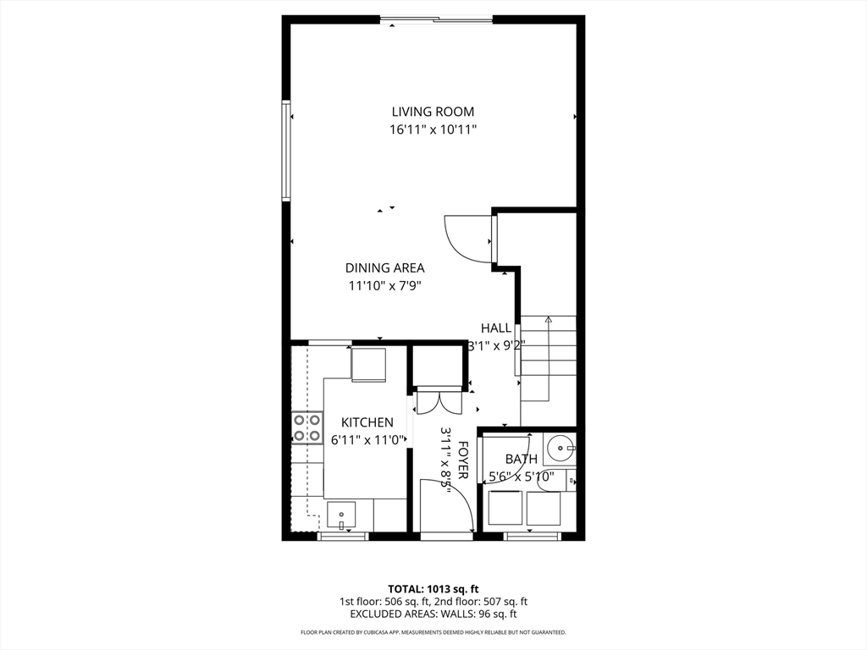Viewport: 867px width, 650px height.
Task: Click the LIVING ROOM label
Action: [433, 112]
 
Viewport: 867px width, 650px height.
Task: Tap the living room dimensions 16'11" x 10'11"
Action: [433, 130]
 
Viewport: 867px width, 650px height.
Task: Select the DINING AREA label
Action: [384, 268]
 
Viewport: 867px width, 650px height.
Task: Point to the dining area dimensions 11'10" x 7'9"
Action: [384, 286]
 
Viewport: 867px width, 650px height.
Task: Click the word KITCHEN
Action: [367, 422]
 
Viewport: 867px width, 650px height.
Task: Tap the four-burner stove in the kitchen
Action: [307, 427]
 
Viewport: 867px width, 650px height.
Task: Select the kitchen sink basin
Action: [342, 514]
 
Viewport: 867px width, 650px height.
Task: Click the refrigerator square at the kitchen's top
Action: [368, 364]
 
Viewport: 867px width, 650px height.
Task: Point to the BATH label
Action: [521, 460]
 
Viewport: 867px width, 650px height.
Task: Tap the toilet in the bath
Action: [570, 482]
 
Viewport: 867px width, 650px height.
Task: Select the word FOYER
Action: [463, 460]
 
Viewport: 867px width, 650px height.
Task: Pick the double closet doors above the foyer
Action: [439, 400]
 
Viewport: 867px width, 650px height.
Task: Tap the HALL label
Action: [496, 328]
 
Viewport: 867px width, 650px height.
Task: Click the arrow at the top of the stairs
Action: [548, 321]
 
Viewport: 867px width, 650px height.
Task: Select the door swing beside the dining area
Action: [468, 239]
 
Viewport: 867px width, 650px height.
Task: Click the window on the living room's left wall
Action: [286, 151]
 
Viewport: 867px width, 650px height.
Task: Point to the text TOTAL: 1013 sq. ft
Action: [433, 588]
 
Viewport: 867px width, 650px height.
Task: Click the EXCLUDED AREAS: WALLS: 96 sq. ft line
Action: [433, 614]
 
